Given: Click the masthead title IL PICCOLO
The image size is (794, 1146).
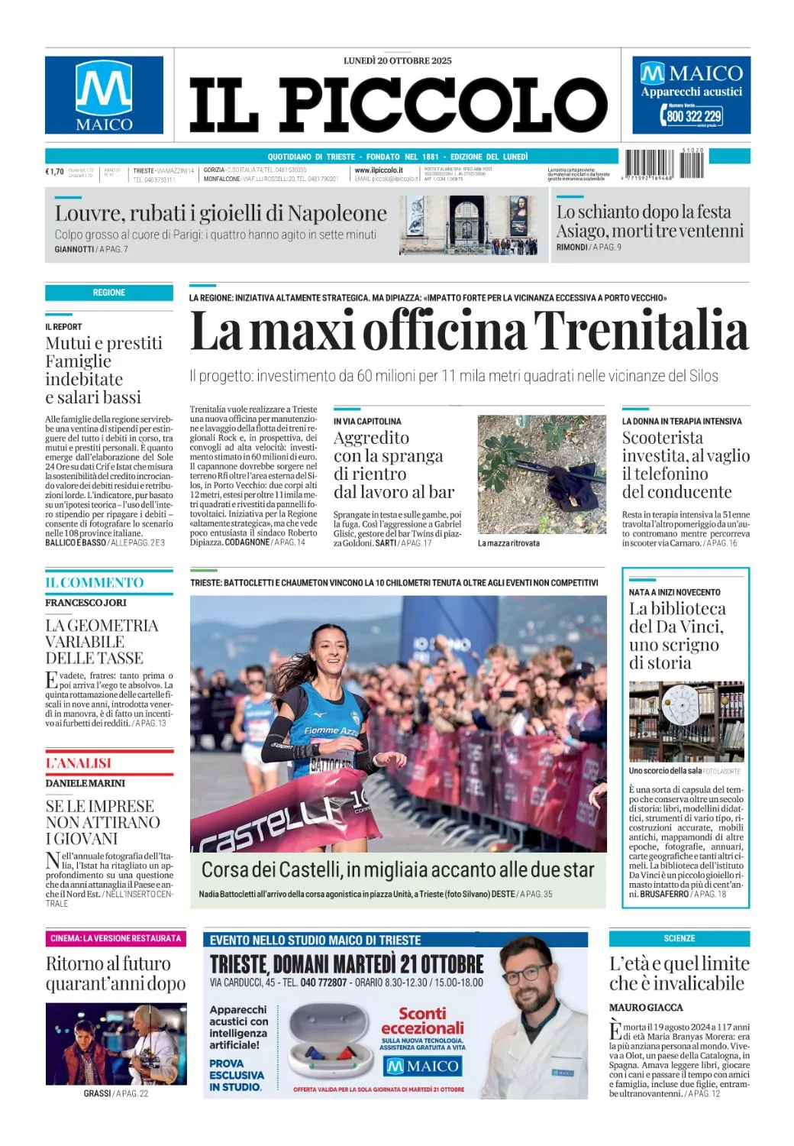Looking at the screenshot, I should pos(397,105).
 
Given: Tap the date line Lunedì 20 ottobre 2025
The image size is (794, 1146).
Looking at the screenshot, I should pos(397,60).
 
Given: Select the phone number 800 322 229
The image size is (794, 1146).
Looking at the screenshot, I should pos(693,116).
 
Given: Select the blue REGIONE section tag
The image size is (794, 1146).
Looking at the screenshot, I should pos(109,293).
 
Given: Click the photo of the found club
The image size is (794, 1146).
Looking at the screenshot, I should pos(541,474).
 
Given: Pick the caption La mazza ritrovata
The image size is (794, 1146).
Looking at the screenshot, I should pos(508,543).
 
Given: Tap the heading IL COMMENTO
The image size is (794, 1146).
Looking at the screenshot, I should pos(94,583).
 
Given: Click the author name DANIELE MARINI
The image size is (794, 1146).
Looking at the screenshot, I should pos(85,783).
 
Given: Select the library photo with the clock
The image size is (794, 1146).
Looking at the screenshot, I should pos(686,721).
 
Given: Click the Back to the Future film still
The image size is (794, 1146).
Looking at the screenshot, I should pos(115,1044).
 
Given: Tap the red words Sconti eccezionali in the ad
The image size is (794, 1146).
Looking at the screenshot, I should pos(422,1021).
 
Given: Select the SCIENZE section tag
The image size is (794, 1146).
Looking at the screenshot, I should pos(679,938).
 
